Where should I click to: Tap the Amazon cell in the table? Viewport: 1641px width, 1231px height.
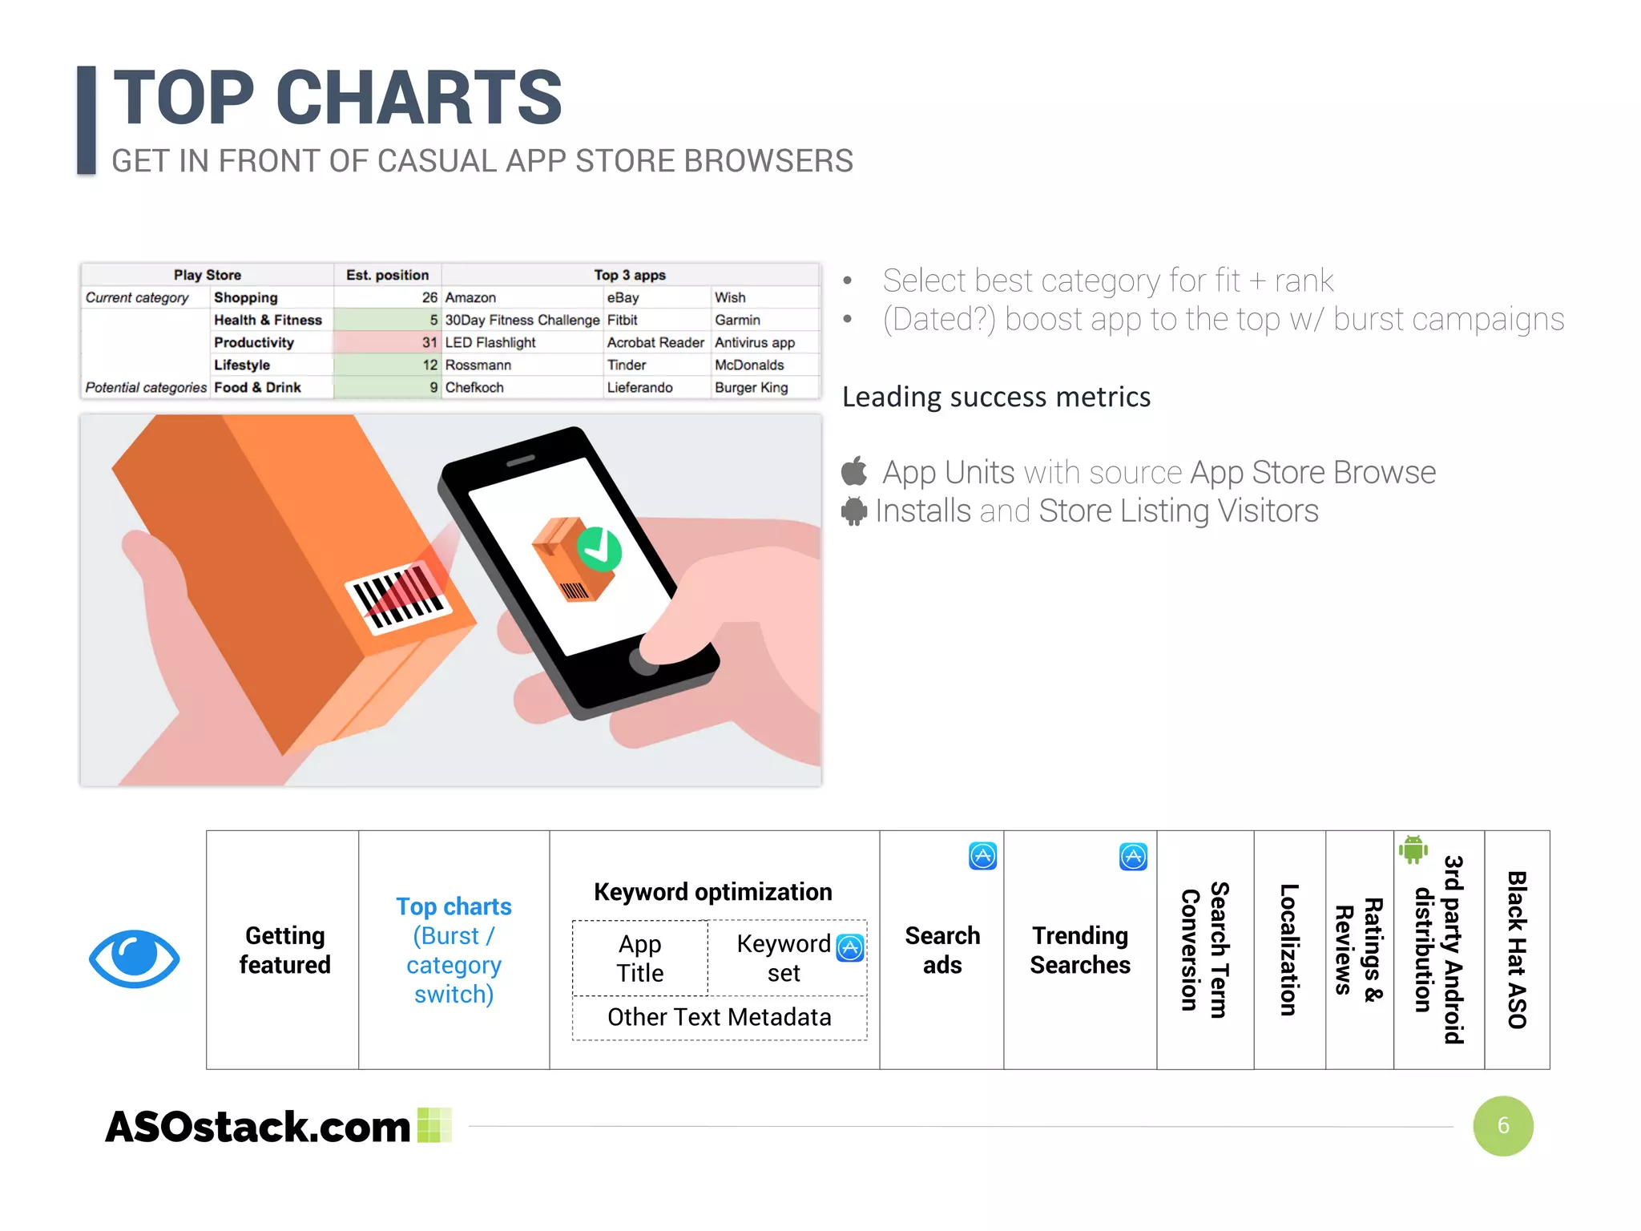point(470,297)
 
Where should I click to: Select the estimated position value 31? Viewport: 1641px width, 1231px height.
point(429,342)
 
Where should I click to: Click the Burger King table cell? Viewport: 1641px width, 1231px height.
point(751,388)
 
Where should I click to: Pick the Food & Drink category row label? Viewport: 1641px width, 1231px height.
point(257,388)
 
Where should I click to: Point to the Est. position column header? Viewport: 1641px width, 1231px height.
point(387,275)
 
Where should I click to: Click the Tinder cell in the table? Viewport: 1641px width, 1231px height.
point(626,365)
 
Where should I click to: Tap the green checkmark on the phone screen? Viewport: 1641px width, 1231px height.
point(599,548)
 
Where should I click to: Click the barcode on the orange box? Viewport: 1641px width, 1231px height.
point(398,597)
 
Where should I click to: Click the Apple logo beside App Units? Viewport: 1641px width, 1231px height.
point(854,471)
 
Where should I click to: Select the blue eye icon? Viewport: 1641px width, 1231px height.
point(134,959)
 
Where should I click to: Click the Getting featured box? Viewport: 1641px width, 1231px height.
point(284,950)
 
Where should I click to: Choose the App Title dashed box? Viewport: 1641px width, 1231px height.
point(639,959)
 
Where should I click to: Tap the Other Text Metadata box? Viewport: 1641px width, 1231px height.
point(719,1018)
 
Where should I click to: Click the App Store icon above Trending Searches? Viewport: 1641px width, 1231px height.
point(1132,857)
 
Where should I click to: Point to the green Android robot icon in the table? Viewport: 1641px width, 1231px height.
point(1413,850)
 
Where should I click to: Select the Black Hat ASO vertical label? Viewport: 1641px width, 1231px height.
point(1516,950)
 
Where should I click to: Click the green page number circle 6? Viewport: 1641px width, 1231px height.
point(1502,1126)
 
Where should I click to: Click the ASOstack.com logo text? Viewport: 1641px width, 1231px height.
point(258,1127)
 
